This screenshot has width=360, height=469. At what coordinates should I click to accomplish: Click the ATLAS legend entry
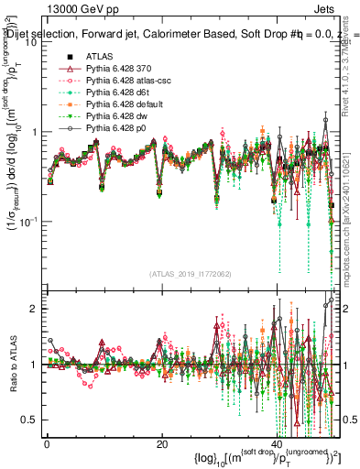101,56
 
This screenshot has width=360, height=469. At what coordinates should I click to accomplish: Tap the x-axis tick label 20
162,442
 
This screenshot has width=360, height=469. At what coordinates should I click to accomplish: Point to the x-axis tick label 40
278,442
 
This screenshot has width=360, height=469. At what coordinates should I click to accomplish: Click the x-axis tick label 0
47,442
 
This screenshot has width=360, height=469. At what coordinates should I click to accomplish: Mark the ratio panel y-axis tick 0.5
32,420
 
